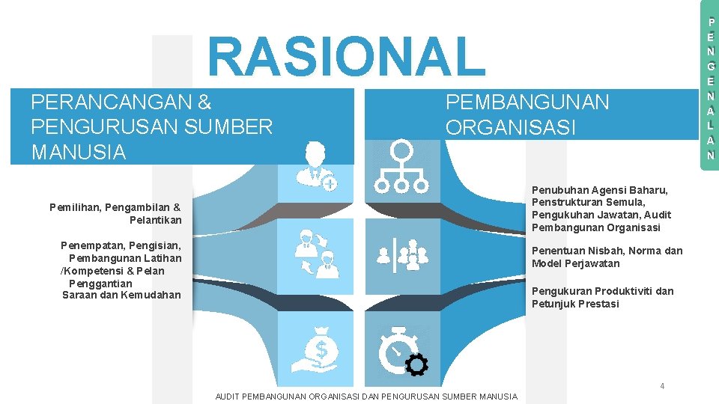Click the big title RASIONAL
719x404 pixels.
[x=347, y=56]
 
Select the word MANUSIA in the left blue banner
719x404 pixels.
[x=79, y=153]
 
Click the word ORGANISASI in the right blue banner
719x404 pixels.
[x=511, y=127]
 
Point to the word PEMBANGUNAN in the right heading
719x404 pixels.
[x=527, y=102]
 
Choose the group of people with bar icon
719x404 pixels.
[x=402, y=254]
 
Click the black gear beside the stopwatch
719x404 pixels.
[x=416, y=364]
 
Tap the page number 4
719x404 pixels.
[x=662, y=386]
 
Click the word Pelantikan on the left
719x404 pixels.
[x=155, y=220]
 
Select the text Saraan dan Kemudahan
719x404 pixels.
[x=121, y=295]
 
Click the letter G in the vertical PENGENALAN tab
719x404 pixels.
[x=711, y=66]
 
